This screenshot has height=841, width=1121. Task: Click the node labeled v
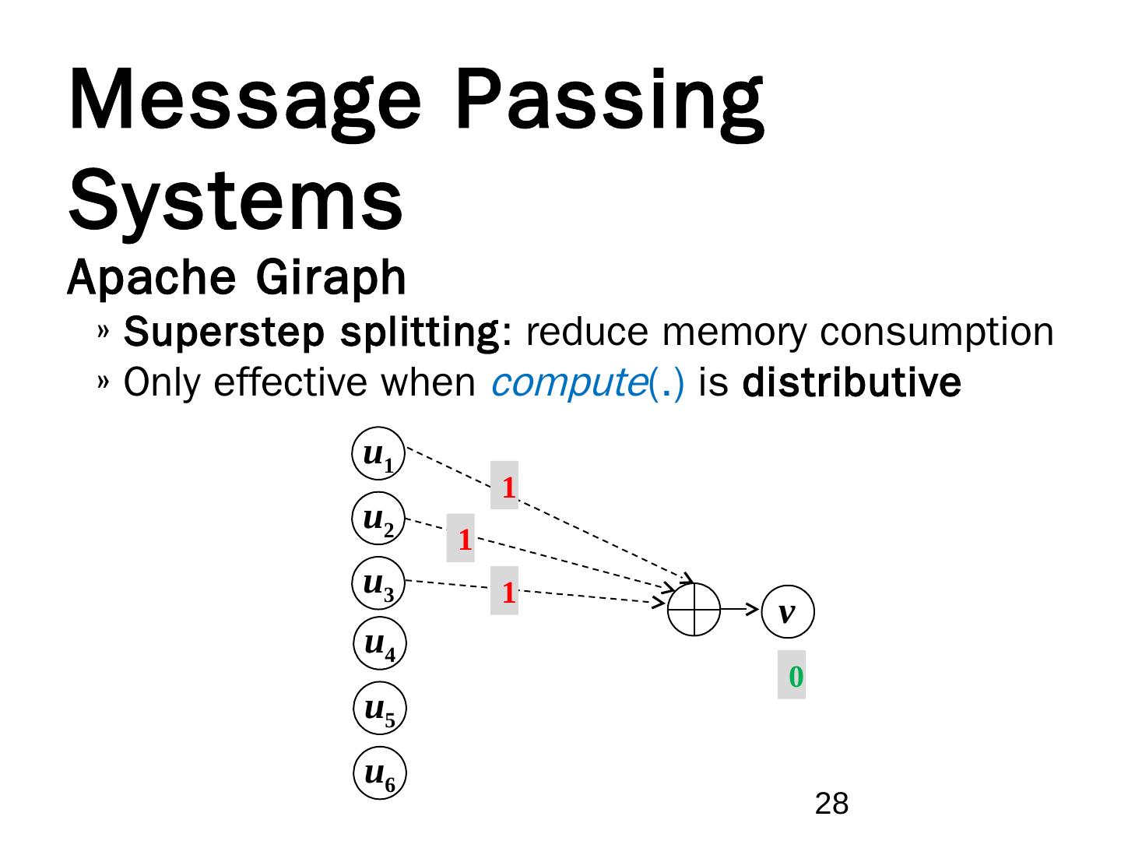click(788, 612)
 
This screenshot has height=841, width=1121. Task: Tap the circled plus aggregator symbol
click(694, 609)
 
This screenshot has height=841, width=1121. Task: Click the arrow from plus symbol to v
click(740, 609)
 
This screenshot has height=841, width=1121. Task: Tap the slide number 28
click(831, 804)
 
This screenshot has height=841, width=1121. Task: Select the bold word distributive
click(852, 382)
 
